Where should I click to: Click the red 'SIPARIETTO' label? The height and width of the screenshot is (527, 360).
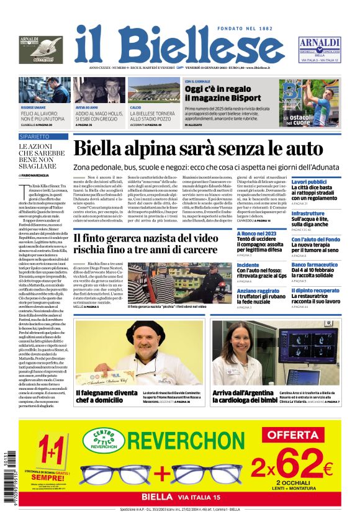[34, 136]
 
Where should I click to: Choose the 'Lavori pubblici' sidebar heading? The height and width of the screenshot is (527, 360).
[308, 182]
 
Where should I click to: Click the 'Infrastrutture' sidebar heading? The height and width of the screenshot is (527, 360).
[308, 214]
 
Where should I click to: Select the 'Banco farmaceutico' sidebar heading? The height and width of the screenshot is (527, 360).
[315, 264]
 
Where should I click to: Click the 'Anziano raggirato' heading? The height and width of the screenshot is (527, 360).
[259, 291]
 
